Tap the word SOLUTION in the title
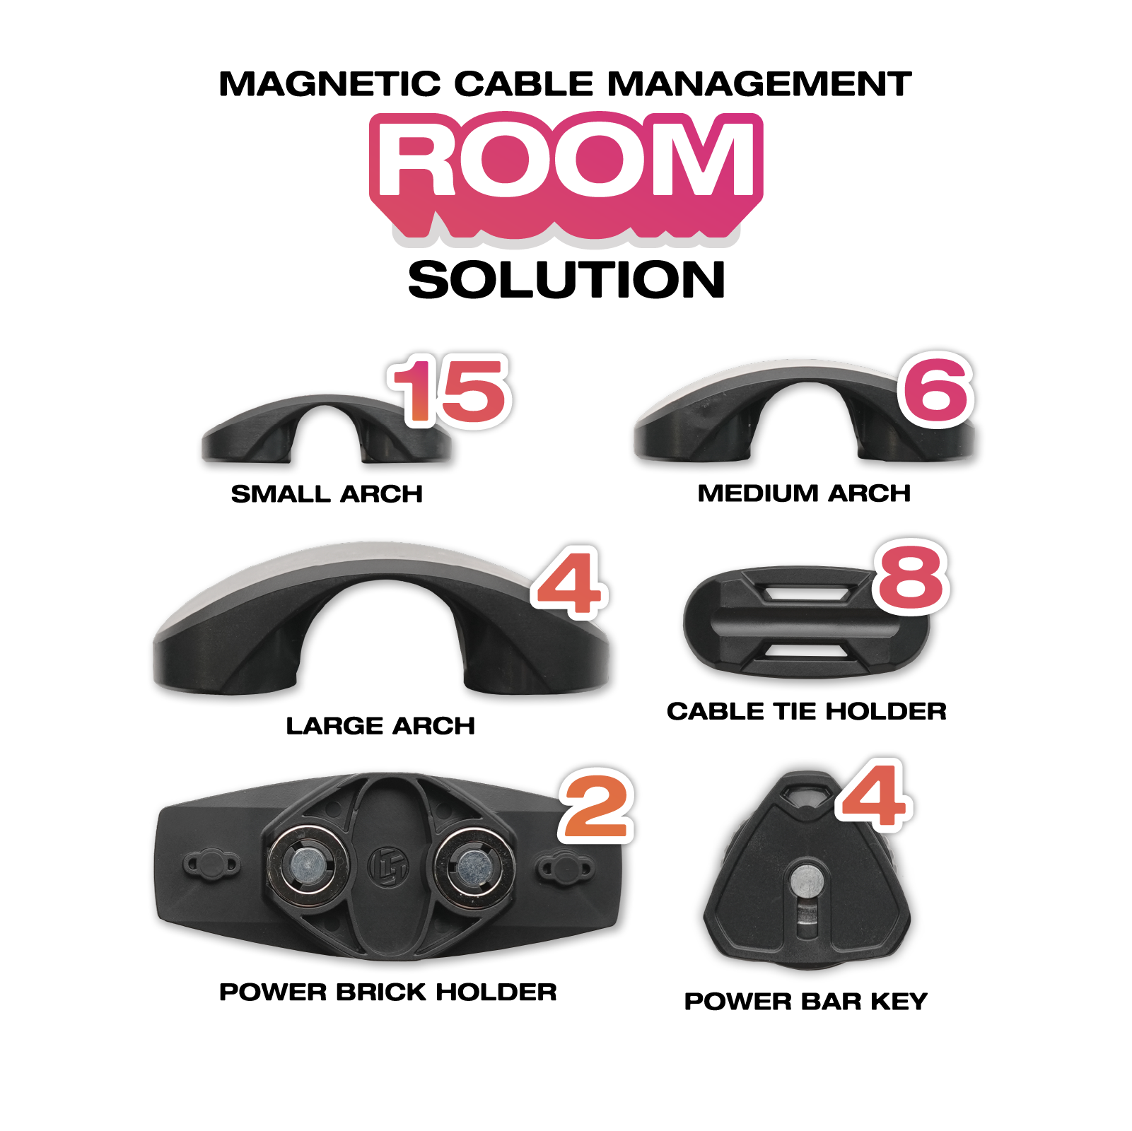(x=566, y=280)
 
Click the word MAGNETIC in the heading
(x=329, y=84)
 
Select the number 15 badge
(x=450, y=391)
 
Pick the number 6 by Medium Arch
(x=936, y=389)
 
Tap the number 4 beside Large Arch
(x=569, y=583)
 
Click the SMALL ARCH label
(x=327, y=493)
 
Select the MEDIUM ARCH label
(x=804, y=493)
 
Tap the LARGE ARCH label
(x=380, y=726)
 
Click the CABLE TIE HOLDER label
(x=807, y=711)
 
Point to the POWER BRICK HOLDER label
(x=388, y=992)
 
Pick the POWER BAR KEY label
(x=805, y=1001)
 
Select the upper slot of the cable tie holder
(x=807, y=592)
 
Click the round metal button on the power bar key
(x=805, y=881)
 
